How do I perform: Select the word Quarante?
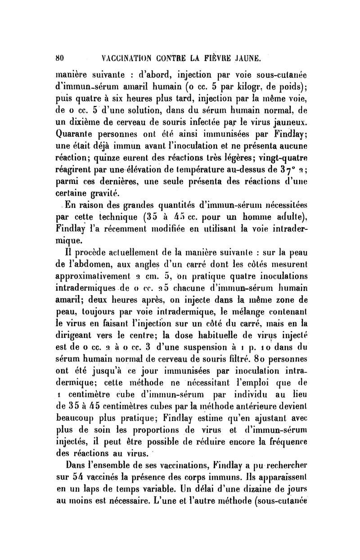76,134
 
